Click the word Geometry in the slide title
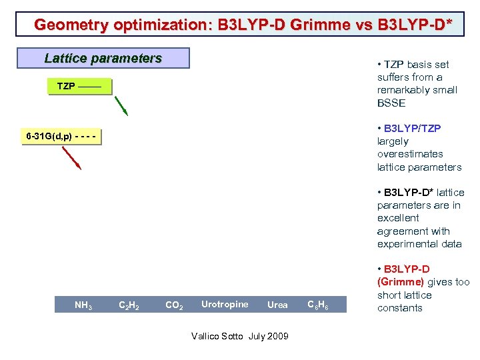coord(66,25)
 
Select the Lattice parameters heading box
coord(103,58)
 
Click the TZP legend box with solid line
coord(79,87)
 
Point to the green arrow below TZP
coord(121,106)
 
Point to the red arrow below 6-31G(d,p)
coord(71,158)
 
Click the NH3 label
coord(83,306)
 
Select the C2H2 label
coord(128,306)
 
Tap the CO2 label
coord(174,306)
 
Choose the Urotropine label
coord(225,305)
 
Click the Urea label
coord(277,305)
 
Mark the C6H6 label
coord(317,305)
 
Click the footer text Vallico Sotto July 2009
coord(239,336)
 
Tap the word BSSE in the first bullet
coord(391,103)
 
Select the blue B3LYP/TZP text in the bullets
coord(412,128)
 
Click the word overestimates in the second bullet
coord(409,154)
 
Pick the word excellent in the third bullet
coord(398,218)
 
